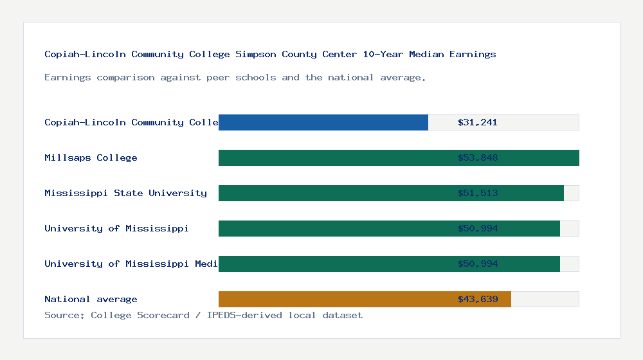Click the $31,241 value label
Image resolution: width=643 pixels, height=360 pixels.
click(478, 122)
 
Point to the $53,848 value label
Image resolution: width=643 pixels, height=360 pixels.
click(478, 157)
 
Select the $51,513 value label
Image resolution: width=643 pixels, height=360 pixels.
click(478, 193)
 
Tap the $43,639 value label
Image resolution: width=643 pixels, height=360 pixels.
click(478, 299)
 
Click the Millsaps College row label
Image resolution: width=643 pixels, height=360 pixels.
click(91, 157)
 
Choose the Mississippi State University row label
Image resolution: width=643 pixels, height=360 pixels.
click(125, 193)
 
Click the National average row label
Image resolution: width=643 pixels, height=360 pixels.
click(91, 299)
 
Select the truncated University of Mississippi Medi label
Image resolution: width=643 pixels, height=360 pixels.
click(131, 264)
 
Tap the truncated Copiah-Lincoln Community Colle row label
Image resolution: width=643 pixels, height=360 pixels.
click(131, 122)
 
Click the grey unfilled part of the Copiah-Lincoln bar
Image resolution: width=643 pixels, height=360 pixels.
click(540, 122)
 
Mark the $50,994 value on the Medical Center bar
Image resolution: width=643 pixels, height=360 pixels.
click(478, 264)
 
